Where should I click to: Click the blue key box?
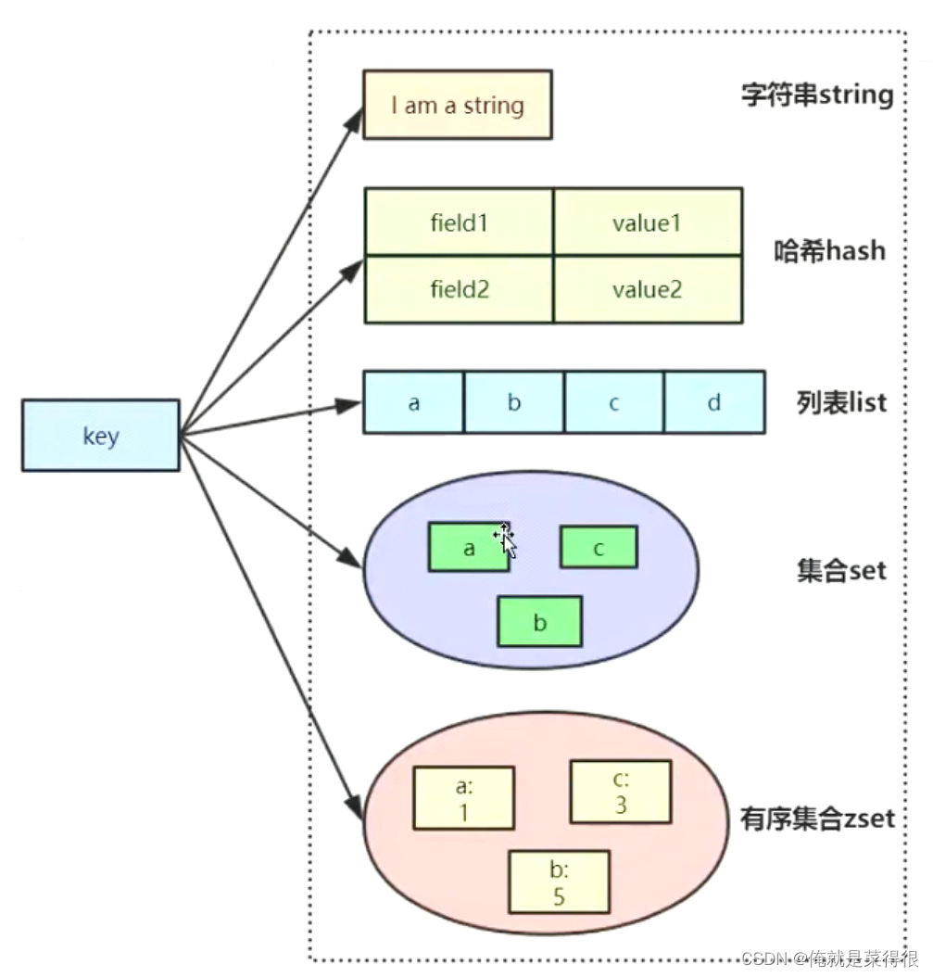(100, 435)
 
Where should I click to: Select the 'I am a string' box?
(458, 105)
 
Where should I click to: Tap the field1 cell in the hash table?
(459, 222)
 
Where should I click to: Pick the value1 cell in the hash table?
(648, 222)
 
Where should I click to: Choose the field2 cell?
(459, 289)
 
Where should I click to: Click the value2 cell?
(648, 289)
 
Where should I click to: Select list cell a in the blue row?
(413, 402)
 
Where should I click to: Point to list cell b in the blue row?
(513, 402)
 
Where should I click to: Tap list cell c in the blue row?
(614, 402)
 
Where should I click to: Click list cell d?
(714, 402)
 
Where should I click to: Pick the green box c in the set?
(599, 547)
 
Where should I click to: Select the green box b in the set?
(539, 621)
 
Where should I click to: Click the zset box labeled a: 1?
(463, 797)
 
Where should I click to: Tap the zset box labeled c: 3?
(620, 791)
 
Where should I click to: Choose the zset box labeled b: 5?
(560, 882)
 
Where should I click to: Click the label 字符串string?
(817, 95)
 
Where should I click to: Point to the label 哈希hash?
(829, 250)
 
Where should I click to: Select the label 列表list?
(841, 402)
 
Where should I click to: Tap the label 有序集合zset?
(817, 818)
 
